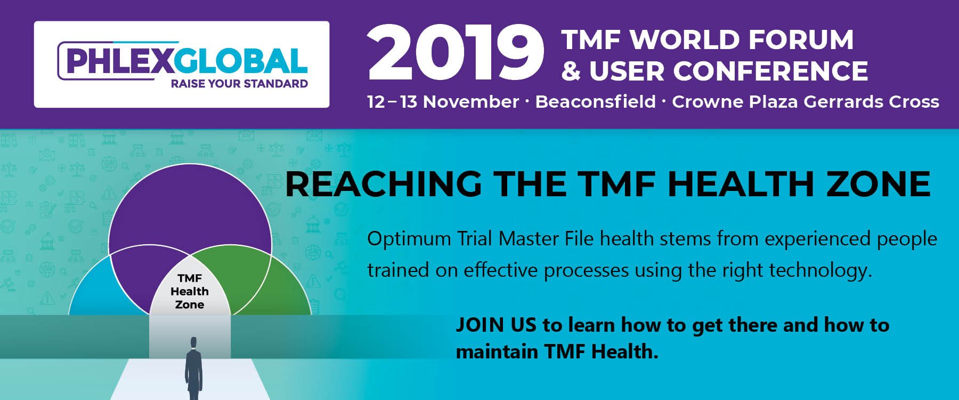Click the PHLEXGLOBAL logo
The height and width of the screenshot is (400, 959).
pos(182,65)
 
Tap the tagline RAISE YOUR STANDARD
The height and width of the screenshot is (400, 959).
pos(239,84)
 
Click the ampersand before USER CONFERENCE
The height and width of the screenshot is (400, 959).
pos(571,71)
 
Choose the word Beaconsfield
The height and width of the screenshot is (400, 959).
pos(595,102)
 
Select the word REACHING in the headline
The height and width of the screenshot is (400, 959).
pos(384,184)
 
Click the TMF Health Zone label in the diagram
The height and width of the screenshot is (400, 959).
pos(190,291)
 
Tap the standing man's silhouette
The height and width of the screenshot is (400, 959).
pos(193,368)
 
